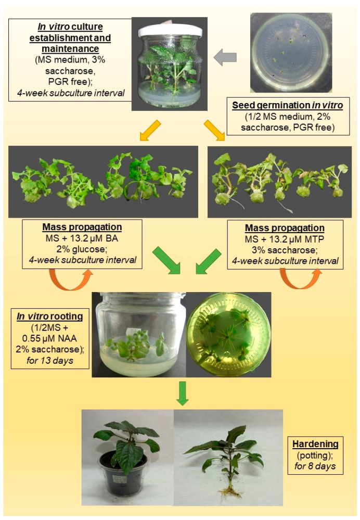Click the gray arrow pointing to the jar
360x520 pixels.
[225, 57]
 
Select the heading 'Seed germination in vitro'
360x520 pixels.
[287, 106]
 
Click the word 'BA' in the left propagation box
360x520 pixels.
[112, 238]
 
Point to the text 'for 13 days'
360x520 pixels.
[50, 360]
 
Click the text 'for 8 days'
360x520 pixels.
[315, 466]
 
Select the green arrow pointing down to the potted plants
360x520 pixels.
[182, 393]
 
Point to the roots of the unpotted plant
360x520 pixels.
[229, 491]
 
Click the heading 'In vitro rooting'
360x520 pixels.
[50, 316]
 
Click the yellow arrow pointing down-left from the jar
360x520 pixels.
[150, 130]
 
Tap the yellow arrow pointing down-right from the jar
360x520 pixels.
[214, 130]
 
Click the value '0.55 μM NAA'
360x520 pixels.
[50, 338]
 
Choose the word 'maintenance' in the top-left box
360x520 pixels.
[70, 49]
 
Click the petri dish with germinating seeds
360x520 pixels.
[291, 53]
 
